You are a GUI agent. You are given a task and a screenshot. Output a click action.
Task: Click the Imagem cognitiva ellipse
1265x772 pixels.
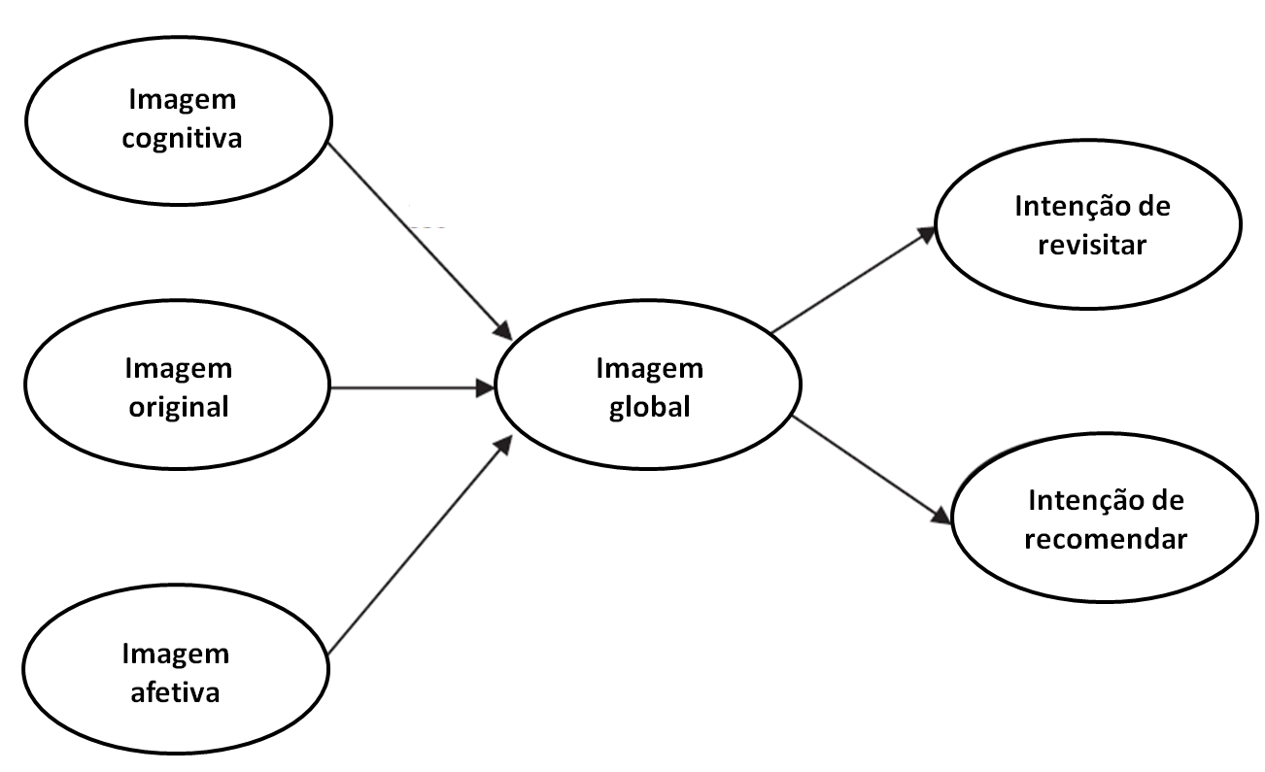tap(180, 119)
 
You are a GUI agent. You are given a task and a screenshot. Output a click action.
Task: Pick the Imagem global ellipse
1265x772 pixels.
tap(648, 387)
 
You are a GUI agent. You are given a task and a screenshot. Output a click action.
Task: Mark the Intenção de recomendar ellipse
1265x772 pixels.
tap(1106, 520)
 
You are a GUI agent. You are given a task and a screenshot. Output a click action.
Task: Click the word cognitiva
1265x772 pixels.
tap(182, 139)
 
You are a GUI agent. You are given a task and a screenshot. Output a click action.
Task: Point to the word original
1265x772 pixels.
tap(179, 406)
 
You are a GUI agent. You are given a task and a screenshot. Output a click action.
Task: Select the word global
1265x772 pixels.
tap(650, 406)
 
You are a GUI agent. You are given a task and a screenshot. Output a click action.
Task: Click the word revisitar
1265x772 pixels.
tap(1092, 244)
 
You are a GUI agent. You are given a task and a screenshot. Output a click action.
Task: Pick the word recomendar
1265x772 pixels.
tap(1106, 539)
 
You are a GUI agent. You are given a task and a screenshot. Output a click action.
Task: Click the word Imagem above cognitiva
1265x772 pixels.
tap(182, 100)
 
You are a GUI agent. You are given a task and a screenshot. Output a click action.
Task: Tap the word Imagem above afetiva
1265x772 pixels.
tap(175, 655)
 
